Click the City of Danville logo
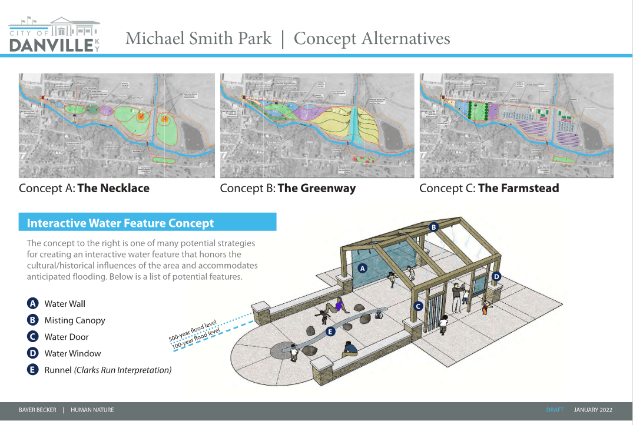[54, 35]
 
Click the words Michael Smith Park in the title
[198, 39]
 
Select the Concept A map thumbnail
[117, 125]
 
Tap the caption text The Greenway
[316, 189]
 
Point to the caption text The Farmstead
[518, 189]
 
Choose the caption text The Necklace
[113, 189]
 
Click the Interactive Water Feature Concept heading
[120, 223]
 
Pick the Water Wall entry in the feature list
[65, 304]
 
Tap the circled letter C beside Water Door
[33, 337]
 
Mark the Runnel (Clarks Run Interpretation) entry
[108, 370]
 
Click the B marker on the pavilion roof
[434, 227]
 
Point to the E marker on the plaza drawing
[330, 332]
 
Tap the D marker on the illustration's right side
[496, 276]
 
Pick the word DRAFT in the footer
[555, 410]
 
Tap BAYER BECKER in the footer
[38, 410]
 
